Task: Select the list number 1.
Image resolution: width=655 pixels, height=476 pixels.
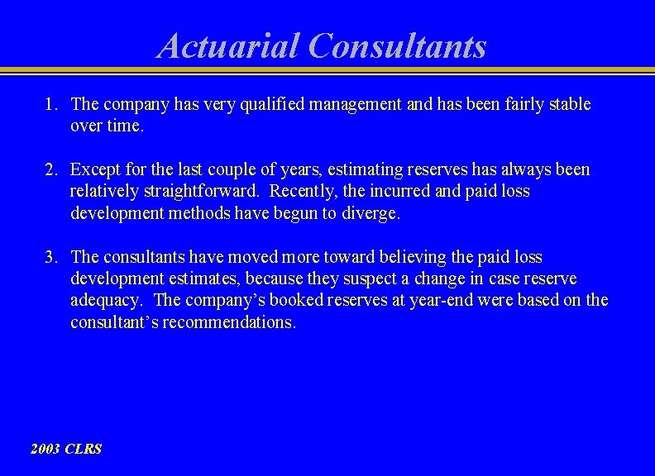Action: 50,104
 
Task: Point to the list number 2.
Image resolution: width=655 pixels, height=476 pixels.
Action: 50,169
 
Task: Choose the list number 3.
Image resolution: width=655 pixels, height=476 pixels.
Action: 50,258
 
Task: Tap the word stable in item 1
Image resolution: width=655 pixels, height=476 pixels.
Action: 568,104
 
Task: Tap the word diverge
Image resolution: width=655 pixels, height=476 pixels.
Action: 371,213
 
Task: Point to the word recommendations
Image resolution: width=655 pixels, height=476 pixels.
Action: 228,322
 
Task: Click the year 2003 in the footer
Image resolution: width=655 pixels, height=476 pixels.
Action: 45,449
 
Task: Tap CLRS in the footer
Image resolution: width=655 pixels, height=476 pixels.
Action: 84,449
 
